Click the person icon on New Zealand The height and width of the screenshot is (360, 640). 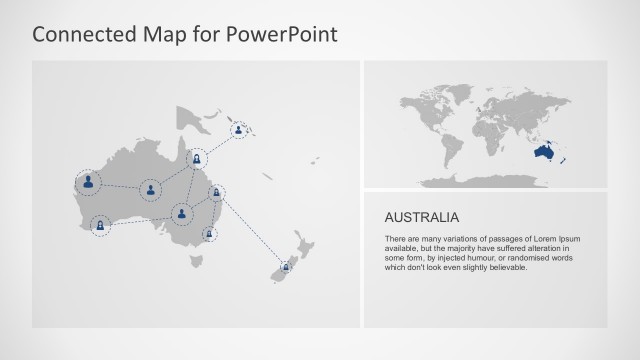pos(288,267)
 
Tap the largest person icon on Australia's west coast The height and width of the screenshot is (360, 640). pos(89,182)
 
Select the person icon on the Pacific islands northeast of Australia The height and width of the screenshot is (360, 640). pos(239,129)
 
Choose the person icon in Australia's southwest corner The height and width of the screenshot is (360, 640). pos(100,225)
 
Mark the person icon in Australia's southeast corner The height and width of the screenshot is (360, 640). pos(209,234)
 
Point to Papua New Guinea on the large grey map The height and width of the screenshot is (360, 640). pos(196,121)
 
